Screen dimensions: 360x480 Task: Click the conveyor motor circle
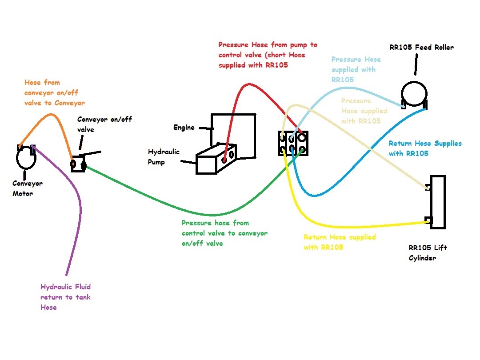click(x=26, y=158)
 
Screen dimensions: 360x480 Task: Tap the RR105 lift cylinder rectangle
click(x=438, y=202)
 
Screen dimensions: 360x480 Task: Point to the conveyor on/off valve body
click(x=78, y=165)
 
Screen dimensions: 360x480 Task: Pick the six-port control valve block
click(x=293, y=143)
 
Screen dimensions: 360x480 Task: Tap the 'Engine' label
click(x=184, y=128)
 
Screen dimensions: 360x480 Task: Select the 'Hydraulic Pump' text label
click(x=164, y=157)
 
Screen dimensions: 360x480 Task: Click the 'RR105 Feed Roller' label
click(x=421, y=47)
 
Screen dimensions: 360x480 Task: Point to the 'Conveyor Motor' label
click(x=28, y=188)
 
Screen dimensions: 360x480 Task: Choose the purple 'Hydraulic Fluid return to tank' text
click(x=65, y=297)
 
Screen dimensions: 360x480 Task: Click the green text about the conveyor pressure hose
click(x=224, y=233)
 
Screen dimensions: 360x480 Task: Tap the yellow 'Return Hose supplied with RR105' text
click(x=339, y=242)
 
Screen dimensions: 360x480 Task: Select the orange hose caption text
click(x=54, y=92)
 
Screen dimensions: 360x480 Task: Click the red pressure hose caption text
click(x=268, y=55)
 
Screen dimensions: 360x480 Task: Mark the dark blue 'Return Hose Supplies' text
click(x=425, y=148)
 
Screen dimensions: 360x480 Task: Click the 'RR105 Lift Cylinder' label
click(x=428, y=252)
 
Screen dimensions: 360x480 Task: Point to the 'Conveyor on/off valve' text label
click(x=104, y=124)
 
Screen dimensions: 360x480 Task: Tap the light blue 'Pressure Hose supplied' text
click(x=356, y=69)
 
